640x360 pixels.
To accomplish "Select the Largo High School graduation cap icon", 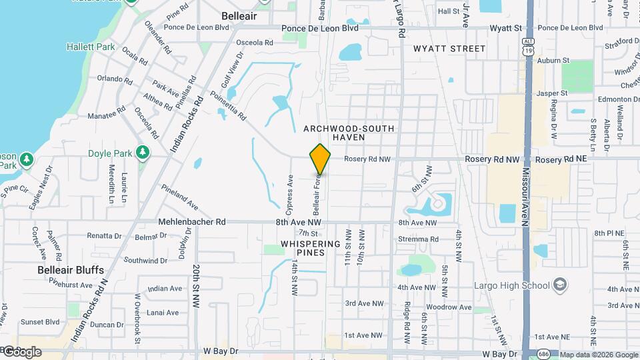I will (560, 285).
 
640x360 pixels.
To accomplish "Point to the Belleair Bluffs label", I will (70, 269).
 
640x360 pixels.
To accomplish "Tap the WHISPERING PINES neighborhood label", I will (311, 248).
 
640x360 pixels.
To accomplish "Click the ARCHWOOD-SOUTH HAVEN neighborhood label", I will (349, 132).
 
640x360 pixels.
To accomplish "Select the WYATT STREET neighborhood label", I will (449, 49).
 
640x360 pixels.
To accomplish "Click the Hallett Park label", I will (91, 47).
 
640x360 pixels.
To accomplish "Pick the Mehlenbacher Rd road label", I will (192, 222).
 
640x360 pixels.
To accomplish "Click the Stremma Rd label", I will (418, 239).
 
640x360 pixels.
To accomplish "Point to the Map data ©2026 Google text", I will (599, 355).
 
